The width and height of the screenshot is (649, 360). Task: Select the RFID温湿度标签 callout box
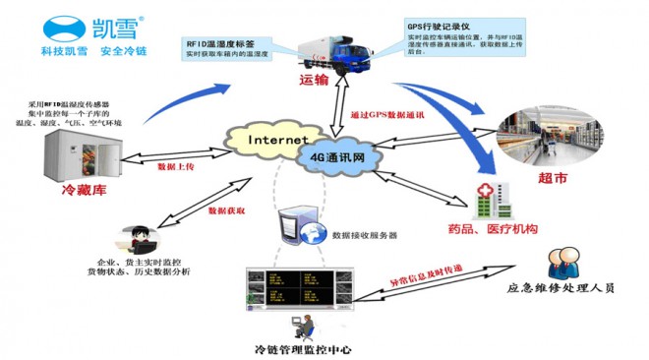(x=233, y=49)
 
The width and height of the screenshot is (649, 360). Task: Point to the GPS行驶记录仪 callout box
(x=448, y=39)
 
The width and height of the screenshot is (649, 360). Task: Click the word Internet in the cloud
(x=278, y=140)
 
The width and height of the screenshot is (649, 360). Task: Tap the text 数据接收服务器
(x=365, y=236)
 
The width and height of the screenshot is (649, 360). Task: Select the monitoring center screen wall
(x=295, y=288)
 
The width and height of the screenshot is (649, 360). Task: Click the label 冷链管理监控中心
(x=302, y=350)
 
